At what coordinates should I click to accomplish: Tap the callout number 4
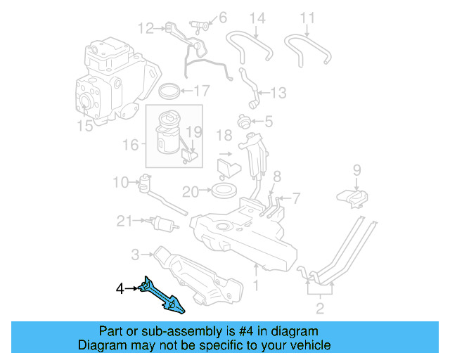tap(120, 288)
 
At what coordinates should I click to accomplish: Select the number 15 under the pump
tap(84, 126)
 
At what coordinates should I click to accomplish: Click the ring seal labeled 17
tap(168, 91)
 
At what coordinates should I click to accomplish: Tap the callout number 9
tap(356, 169)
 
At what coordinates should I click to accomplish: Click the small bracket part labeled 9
tap(356, 198)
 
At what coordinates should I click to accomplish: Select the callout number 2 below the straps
tap(320, 307)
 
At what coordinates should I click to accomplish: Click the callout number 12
tap(146, 29)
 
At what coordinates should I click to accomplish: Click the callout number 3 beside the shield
tap(135, 253)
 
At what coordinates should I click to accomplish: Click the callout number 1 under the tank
tap(256, 285)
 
